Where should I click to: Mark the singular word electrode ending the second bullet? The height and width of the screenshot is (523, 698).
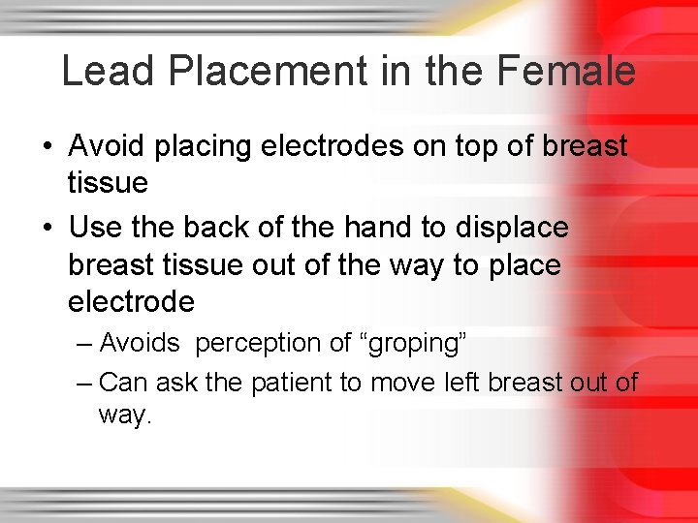coord(131,302)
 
